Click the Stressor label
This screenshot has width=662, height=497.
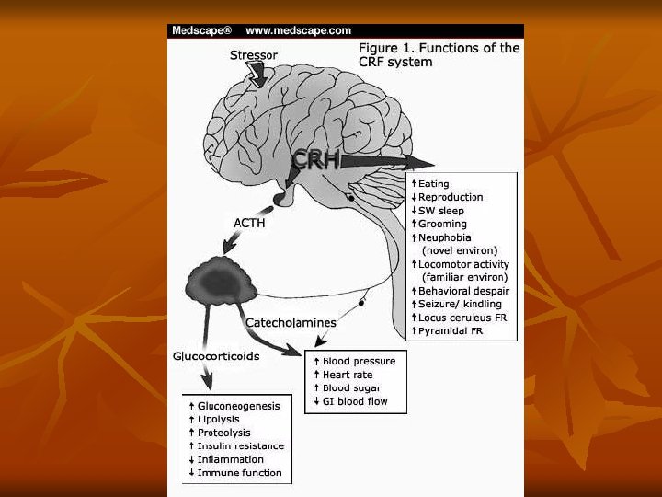coord(253,55)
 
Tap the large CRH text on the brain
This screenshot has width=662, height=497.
coord(316,160)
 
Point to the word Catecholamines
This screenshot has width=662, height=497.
coord(291,323)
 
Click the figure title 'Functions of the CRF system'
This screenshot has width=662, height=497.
coord(439,55)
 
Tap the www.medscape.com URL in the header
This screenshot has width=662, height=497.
coord(298,30)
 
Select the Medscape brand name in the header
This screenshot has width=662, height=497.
coord(201,30)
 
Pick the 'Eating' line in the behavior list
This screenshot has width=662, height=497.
coord(433,184)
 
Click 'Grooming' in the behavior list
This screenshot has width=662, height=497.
coord(442,224)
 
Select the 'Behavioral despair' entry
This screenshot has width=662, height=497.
coord(462,291)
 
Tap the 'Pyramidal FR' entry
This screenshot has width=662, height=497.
coord(451,330)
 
